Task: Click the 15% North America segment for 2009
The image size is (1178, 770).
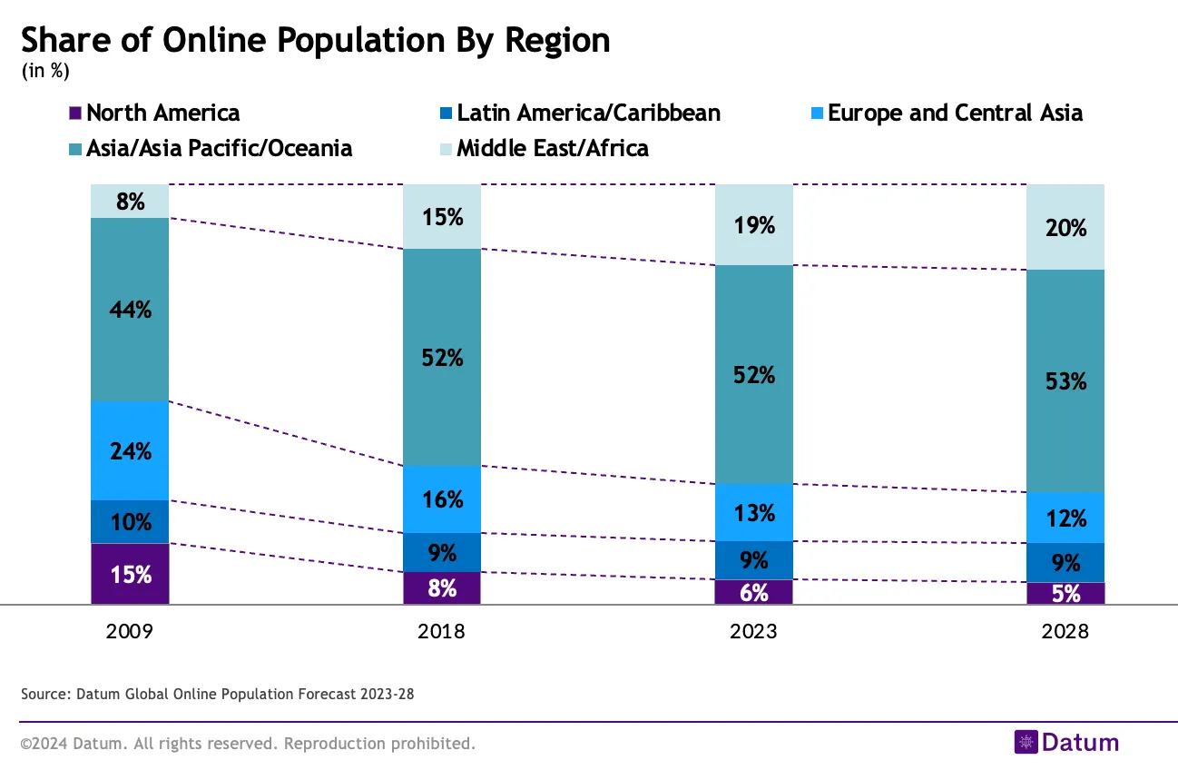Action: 130,574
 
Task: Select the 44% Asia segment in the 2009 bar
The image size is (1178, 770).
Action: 130,310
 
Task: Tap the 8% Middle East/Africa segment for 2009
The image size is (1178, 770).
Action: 130,202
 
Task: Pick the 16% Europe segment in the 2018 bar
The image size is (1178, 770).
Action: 442,499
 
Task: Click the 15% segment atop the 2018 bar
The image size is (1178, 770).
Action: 442,217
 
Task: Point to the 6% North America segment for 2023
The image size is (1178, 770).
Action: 754,592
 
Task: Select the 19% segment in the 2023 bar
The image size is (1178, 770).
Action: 754,225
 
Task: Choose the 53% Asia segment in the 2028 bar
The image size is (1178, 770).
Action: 1065,381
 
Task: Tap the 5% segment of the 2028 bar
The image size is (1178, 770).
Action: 1065,594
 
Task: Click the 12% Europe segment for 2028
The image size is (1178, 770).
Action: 1065,518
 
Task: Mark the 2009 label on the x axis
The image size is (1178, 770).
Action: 130,631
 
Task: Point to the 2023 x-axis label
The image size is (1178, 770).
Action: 754,631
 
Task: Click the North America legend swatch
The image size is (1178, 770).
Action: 75,114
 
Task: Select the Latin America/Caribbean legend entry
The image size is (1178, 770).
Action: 588,114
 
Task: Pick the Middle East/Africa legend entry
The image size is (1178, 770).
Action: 552,148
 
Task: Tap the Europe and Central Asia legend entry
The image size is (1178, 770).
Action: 955,114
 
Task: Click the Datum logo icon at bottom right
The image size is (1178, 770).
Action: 1026,742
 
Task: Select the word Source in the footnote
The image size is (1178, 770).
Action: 43,695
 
